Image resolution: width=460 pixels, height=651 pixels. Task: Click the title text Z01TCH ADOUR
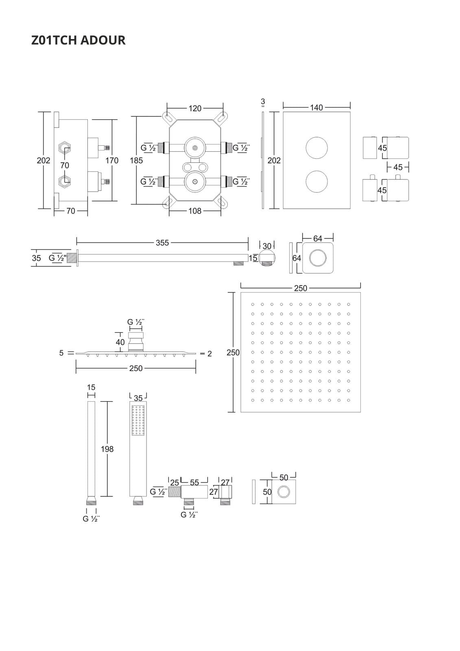click(78, 40)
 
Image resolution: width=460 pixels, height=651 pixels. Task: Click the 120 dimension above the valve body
click(195, 108)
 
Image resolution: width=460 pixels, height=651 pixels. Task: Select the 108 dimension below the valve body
click(195, 211)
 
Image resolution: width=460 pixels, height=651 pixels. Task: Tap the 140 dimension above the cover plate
click(316, 107)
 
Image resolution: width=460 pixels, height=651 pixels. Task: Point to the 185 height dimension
click(136, 160)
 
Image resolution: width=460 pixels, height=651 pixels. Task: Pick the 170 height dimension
click(112, 160)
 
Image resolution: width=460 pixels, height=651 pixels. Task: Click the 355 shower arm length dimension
click(162, 242)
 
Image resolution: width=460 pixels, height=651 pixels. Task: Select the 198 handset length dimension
click(107, 449)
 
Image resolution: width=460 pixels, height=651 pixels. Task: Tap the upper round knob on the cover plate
click(316, 148)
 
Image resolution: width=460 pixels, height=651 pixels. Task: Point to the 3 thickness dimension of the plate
click(263, 101)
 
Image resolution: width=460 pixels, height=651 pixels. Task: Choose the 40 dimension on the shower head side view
click(120, 342)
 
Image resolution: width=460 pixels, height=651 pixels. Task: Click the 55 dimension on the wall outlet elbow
click(194, 482)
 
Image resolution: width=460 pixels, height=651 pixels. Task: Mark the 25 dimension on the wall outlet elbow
click(174, 483)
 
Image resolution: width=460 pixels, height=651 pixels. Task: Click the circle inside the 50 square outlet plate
click(283, 492)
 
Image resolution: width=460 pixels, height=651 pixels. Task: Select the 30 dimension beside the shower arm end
click(267, 246)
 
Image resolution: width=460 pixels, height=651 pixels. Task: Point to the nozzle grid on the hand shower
click(138, 420)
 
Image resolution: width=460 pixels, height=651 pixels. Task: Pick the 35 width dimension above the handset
click(138, 398)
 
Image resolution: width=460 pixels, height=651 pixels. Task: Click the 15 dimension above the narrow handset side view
click(91, 387)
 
